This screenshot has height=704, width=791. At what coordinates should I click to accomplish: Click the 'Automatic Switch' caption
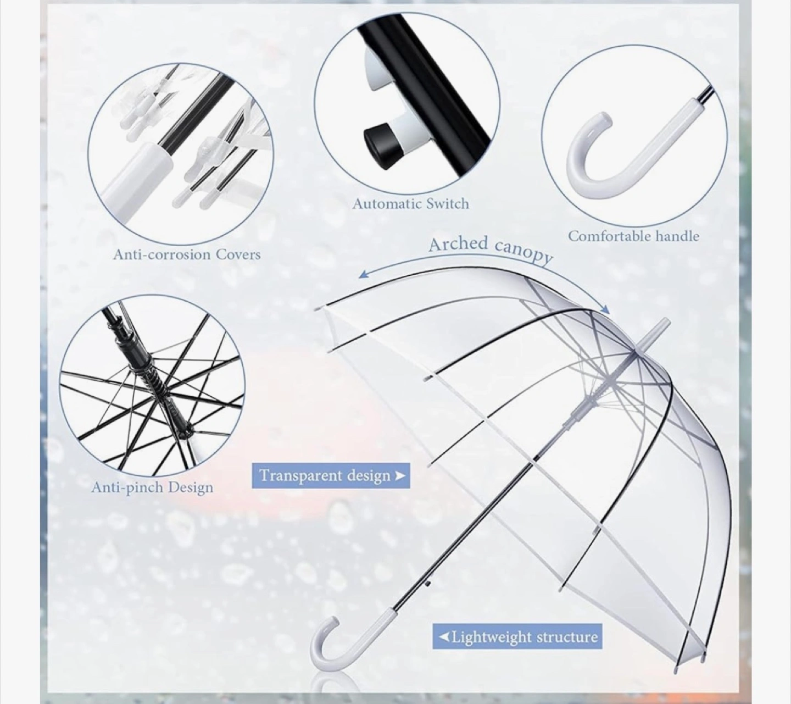(411, 203)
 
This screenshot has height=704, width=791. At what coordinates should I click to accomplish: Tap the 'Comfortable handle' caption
(633, 236)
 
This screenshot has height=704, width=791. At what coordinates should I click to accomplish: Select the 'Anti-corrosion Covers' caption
(187, 254)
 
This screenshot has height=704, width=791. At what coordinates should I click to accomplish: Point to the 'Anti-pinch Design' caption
(152, 487)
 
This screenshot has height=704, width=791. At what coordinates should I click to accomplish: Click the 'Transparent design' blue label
(331, 475)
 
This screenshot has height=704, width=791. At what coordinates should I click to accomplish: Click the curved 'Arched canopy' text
(491, 250)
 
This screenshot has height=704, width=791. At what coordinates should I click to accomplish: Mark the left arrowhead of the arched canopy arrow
(364, 275)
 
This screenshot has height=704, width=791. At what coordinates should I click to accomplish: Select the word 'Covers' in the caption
(238, 254)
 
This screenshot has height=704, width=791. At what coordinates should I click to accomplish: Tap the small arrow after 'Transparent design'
(400, 476)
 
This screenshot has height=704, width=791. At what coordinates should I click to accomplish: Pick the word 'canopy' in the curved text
(523, 254)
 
